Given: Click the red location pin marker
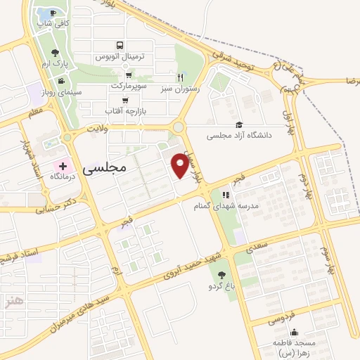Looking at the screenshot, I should click(180, 166).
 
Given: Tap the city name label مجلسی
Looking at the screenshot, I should click(103, 169).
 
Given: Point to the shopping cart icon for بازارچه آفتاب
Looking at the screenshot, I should click(124, 100).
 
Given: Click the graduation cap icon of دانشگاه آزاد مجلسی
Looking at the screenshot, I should click(239, 124).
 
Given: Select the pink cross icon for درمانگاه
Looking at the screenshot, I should click(63, 167).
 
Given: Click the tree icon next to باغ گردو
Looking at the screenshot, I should click(222, 275).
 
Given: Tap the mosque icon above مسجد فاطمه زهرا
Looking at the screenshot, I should click(293, 332).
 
